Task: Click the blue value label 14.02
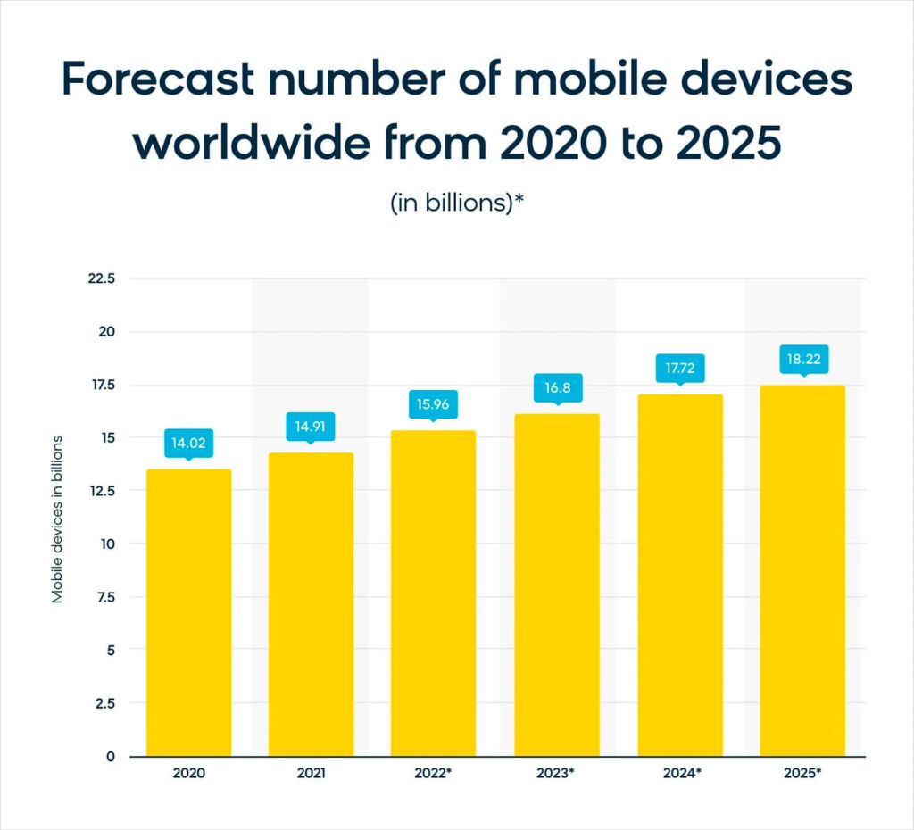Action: pyautogui.click(x=188, y=443)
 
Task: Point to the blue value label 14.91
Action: pyautogui.click(x=311, y=427)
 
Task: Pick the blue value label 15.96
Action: pyautogui.click(x=434, y=403)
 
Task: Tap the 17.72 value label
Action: pyautogui.click(x=679, y=368)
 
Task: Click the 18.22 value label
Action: pyautogui.click(x=802, y=359)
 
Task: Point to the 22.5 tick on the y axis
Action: pyautogui.click(x=103, y=278)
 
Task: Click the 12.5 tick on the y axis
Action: pyautogui.click(x=103, y=491)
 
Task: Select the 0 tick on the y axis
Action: pyautogui.click(x=111, y=757)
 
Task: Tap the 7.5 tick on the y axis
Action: pyautogui.click(x=106, y=597)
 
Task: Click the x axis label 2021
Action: pyautogui.click(x=311, y=774)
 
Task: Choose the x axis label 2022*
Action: pyautogui.click(x=434, y=774)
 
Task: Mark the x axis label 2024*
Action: pyautogui.click(x=679, y=774)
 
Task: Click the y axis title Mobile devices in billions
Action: pyautogui.click(x=57, y=519)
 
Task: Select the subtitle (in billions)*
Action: pyautogui.click(x=456, y=203)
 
